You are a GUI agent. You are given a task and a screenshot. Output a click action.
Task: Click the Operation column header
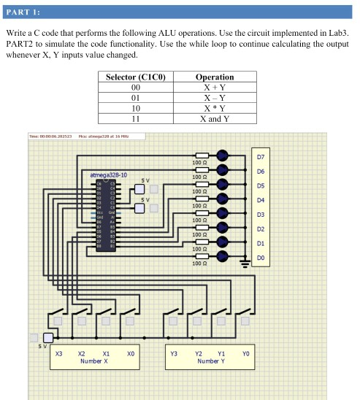pyautogui.click(x=215, y=77)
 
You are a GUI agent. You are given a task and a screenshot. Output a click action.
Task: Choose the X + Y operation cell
pyautogui.click(x=215, y=88)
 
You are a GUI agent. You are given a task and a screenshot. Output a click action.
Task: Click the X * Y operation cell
pyautogui.click(x=215, y=108)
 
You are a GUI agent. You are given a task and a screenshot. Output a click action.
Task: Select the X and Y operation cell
pyautogui.click(x=215, y=118)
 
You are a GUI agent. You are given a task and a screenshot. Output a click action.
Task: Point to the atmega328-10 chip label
pyautogui.click(x=107, y=175)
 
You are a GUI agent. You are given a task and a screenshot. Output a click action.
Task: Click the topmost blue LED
pyautogui.click(x=222, y=155)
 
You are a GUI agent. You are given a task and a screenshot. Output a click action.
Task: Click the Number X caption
pyautogui.click(x=94, y=361)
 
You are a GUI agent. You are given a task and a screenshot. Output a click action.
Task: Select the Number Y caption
pyautogui.click(x=210, y=361)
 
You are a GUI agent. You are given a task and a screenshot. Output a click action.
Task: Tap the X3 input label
pyautogui.click(x=59, y=353)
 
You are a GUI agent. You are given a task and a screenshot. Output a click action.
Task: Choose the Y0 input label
pyautogui.click(x=245, y=353)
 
